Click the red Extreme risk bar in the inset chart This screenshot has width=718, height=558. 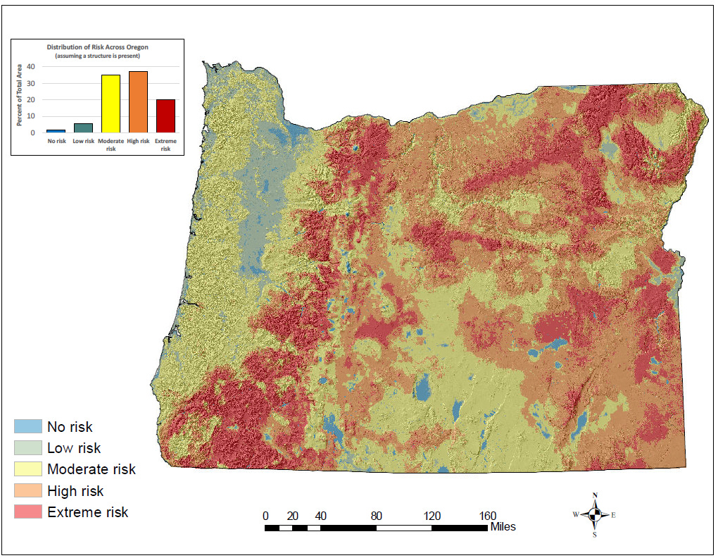pyautogui.click(x=165, y=116)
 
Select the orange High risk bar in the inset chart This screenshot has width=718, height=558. pyautogui.click(x=138, y=101)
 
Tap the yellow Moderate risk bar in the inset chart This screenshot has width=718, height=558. pyautogui.click(x=111, y=104)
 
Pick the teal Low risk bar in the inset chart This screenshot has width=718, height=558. pyautogui.click(x=83, y=128)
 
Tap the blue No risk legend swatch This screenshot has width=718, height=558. pyautogui.click(x=28, y=426)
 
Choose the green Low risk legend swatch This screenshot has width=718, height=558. pyautogui.click(x=28, y=447)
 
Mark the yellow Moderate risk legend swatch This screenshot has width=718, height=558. pyautogui.click(x=28, y=469)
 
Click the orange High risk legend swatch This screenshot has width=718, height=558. pyautogui.click(x=28, y=490)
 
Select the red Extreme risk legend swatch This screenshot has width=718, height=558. pyautogui.click(x=28, y=512)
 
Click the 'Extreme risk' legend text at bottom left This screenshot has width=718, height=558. pyautogui.click(x=88, y=512)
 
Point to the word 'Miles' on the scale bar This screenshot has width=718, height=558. pyautogui.click(x=503, y=527)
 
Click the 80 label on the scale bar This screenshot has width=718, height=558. pyautogui.click(x=377, y=515)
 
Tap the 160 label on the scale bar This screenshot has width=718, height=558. pyautogui.click(x=488, y=515)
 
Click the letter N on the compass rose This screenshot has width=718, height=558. pyautogui.click(x=596, y=495)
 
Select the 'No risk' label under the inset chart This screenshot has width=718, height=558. pyautogui.click(x=56, y=141)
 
